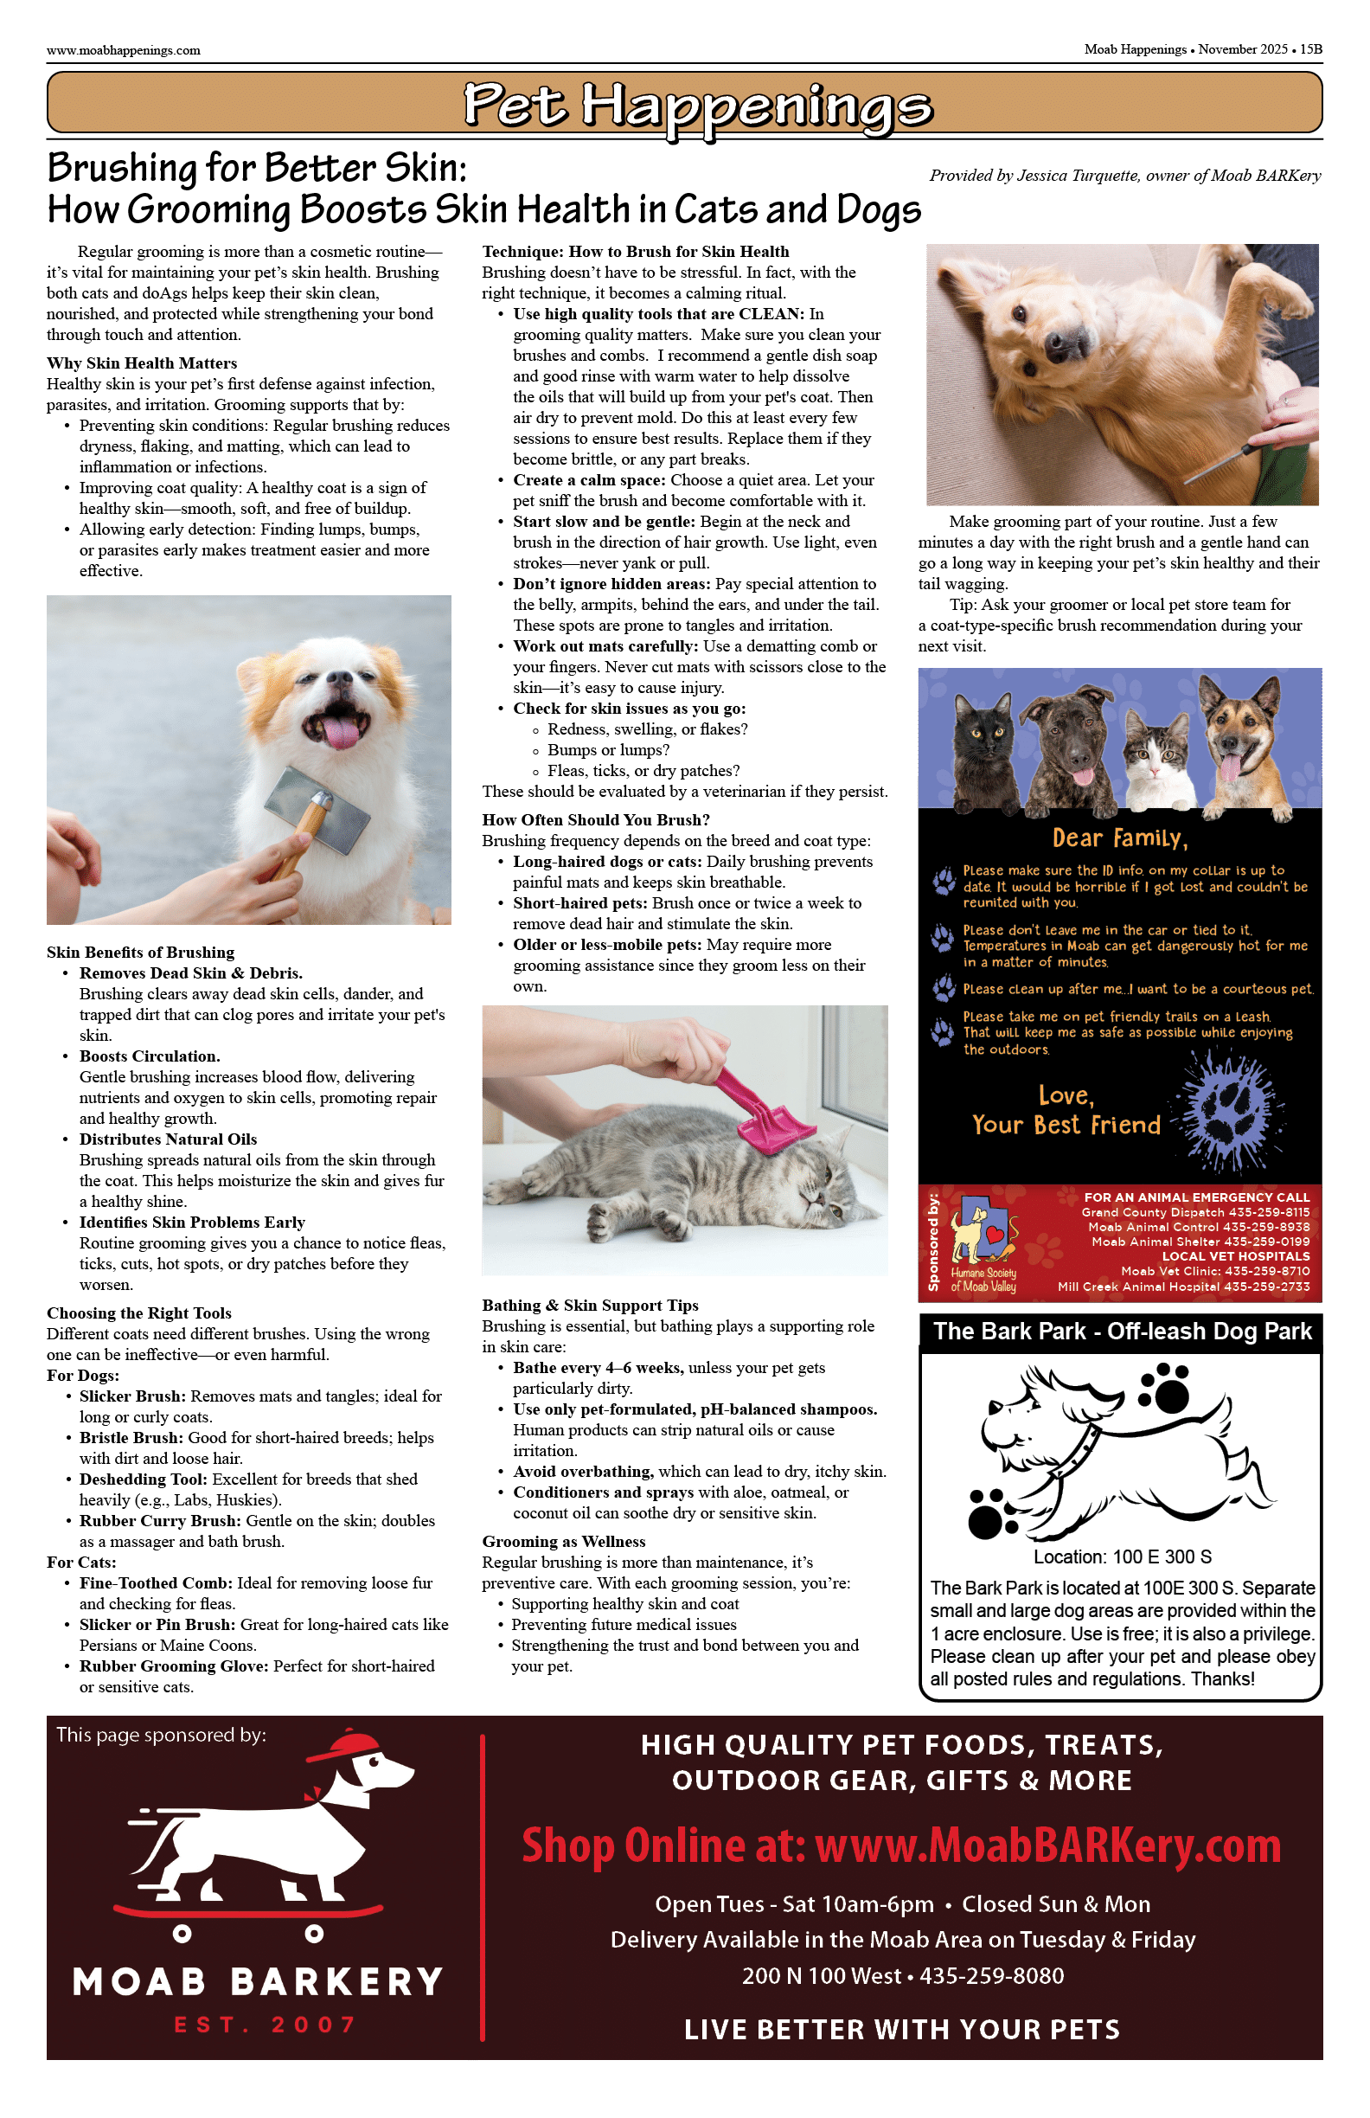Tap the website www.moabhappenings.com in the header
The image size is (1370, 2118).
(x=124, y=51)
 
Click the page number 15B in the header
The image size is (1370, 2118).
(x=1310, y=50)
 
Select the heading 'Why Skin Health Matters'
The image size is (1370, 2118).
(x=143, y=363)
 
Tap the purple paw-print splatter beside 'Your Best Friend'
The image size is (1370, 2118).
(x=1232, y=1112)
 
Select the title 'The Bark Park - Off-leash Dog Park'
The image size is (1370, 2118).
(x=1122, y=1332)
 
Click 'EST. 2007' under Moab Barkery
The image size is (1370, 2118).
(x=266, y=2025)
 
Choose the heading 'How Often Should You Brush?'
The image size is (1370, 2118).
(x=596, y=819)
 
